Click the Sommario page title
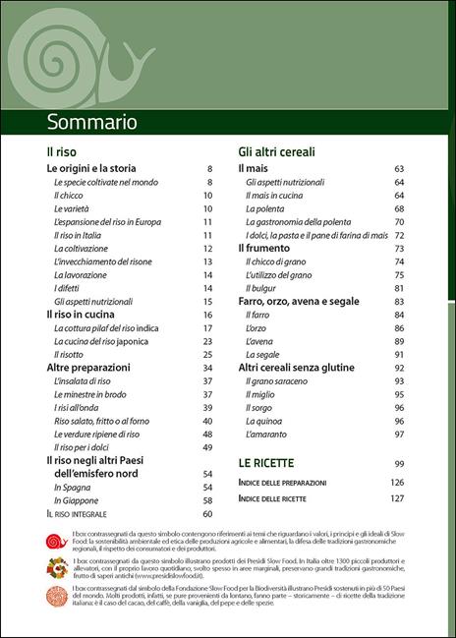92,122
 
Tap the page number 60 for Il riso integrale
207,513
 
